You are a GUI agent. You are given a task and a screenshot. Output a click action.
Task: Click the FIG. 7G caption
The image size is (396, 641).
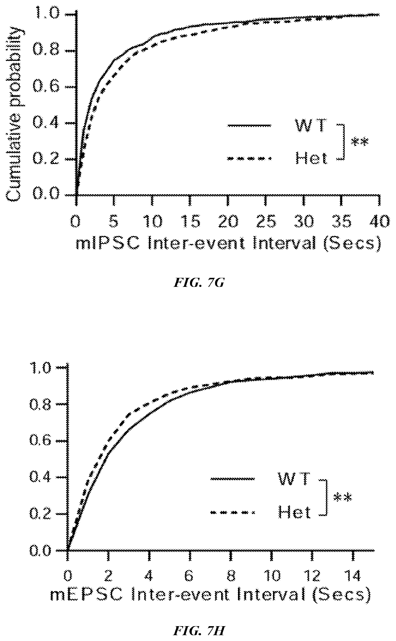point(199,283)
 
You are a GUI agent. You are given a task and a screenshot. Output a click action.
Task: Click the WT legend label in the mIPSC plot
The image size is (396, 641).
point(310,126)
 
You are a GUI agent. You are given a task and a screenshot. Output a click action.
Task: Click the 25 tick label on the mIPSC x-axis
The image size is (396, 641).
point(265,222)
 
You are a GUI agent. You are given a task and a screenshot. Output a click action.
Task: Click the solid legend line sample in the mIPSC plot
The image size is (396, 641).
point(249,126)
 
